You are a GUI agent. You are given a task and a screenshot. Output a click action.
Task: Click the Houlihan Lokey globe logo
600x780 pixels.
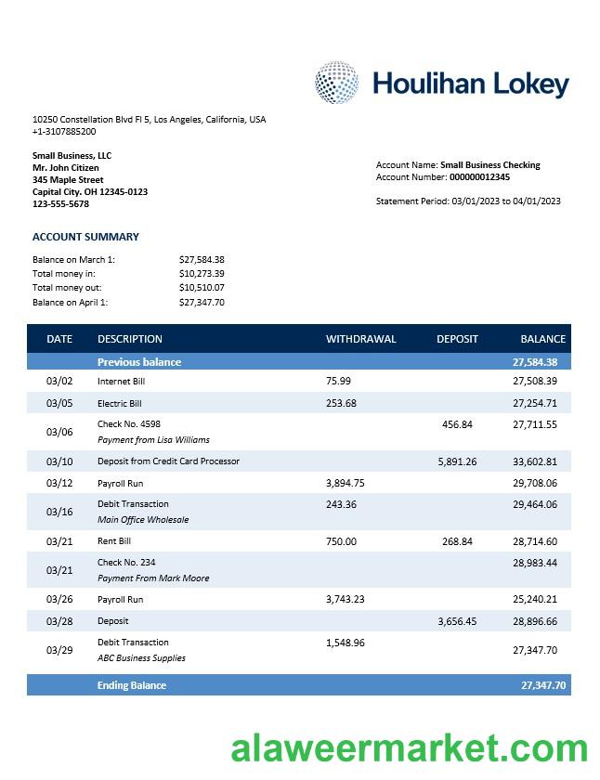pos(336,83)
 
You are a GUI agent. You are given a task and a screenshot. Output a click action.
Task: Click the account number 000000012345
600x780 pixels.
pos(479,177)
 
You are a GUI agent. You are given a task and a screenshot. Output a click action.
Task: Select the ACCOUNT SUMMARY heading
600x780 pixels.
pos(85,237)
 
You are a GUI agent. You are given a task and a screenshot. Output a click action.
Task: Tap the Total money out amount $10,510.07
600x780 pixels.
pos(202,288)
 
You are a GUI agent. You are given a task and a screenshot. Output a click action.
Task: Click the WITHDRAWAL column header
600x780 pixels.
pos(360,339)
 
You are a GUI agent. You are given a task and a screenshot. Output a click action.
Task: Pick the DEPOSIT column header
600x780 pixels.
pos(457,339)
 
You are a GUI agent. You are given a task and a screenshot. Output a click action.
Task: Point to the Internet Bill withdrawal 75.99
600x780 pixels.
pos(338,381)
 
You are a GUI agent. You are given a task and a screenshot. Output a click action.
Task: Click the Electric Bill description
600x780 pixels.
pos(120,404)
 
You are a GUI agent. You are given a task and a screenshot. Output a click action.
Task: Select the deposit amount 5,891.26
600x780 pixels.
pos(457,461)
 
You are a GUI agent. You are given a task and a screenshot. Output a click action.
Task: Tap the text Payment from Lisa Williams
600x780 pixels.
pos(153,440)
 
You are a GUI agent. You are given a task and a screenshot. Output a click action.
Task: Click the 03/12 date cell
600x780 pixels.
pos(59,483)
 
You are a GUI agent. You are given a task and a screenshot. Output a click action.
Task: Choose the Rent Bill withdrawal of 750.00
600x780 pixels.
pos(341,541)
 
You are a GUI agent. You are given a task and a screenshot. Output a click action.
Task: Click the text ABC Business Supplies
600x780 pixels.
pos(141,658)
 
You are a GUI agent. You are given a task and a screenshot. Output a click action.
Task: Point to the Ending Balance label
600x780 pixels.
pos(132,685)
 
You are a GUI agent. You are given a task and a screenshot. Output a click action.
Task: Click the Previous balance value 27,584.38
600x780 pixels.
pos(534,362)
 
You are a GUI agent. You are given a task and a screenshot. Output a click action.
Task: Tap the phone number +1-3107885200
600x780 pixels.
pos(64,132)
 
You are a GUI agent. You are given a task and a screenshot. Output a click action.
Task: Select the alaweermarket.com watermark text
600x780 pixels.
pos(409,748)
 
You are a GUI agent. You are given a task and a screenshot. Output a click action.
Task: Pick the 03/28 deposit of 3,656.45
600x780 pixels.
pos(457,621)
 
